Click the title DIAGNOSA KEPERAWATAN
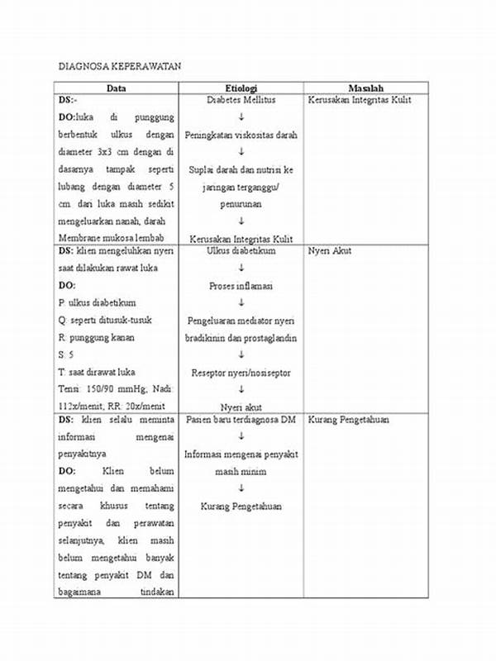[118, 65]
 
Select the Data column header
[116, 88]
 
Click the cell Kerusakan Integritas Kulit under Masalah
[360, 100]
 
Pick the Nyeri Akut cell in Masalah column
[330, 250]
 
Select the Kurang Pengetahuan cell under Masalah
[347, 420]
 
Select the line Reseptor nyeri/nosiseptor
[241, 372]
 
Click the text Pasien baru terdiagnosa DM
[241, 420]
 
